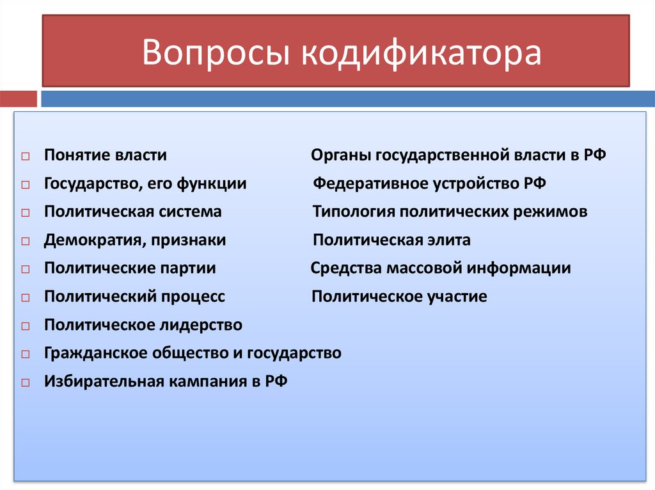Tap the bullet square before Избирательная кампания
coord(25,383)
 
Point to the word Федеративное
coord(361,184)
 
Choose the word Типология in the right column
coord(348,211)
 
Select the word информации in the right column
coord(518,268)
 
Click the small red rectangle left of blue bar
coord(19,99)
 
